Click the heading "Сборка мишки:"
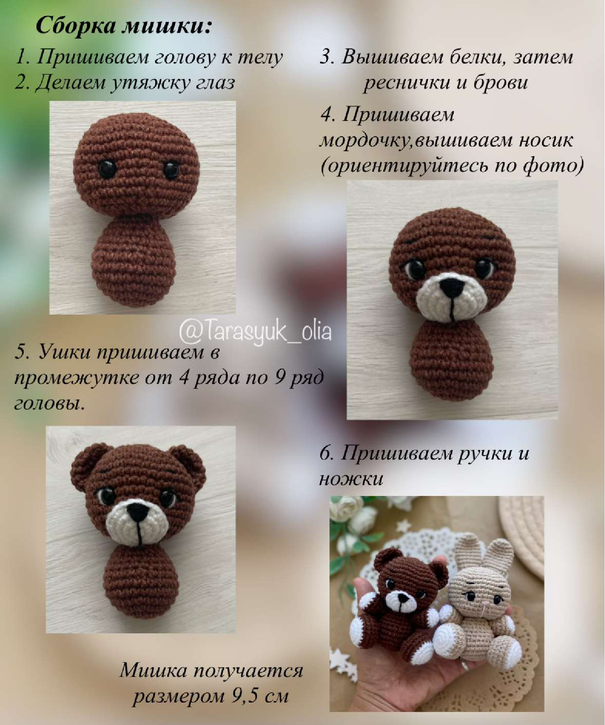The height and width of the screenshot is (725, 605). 124,26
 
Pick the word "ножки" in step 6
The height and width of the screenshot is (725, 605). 351,479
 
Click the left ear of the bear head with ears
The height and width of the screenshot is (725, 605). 85,462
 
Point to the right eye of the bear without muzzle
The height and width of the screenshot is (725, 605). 171,169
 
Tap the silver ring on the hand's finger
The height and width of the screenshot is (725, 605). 465,665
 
